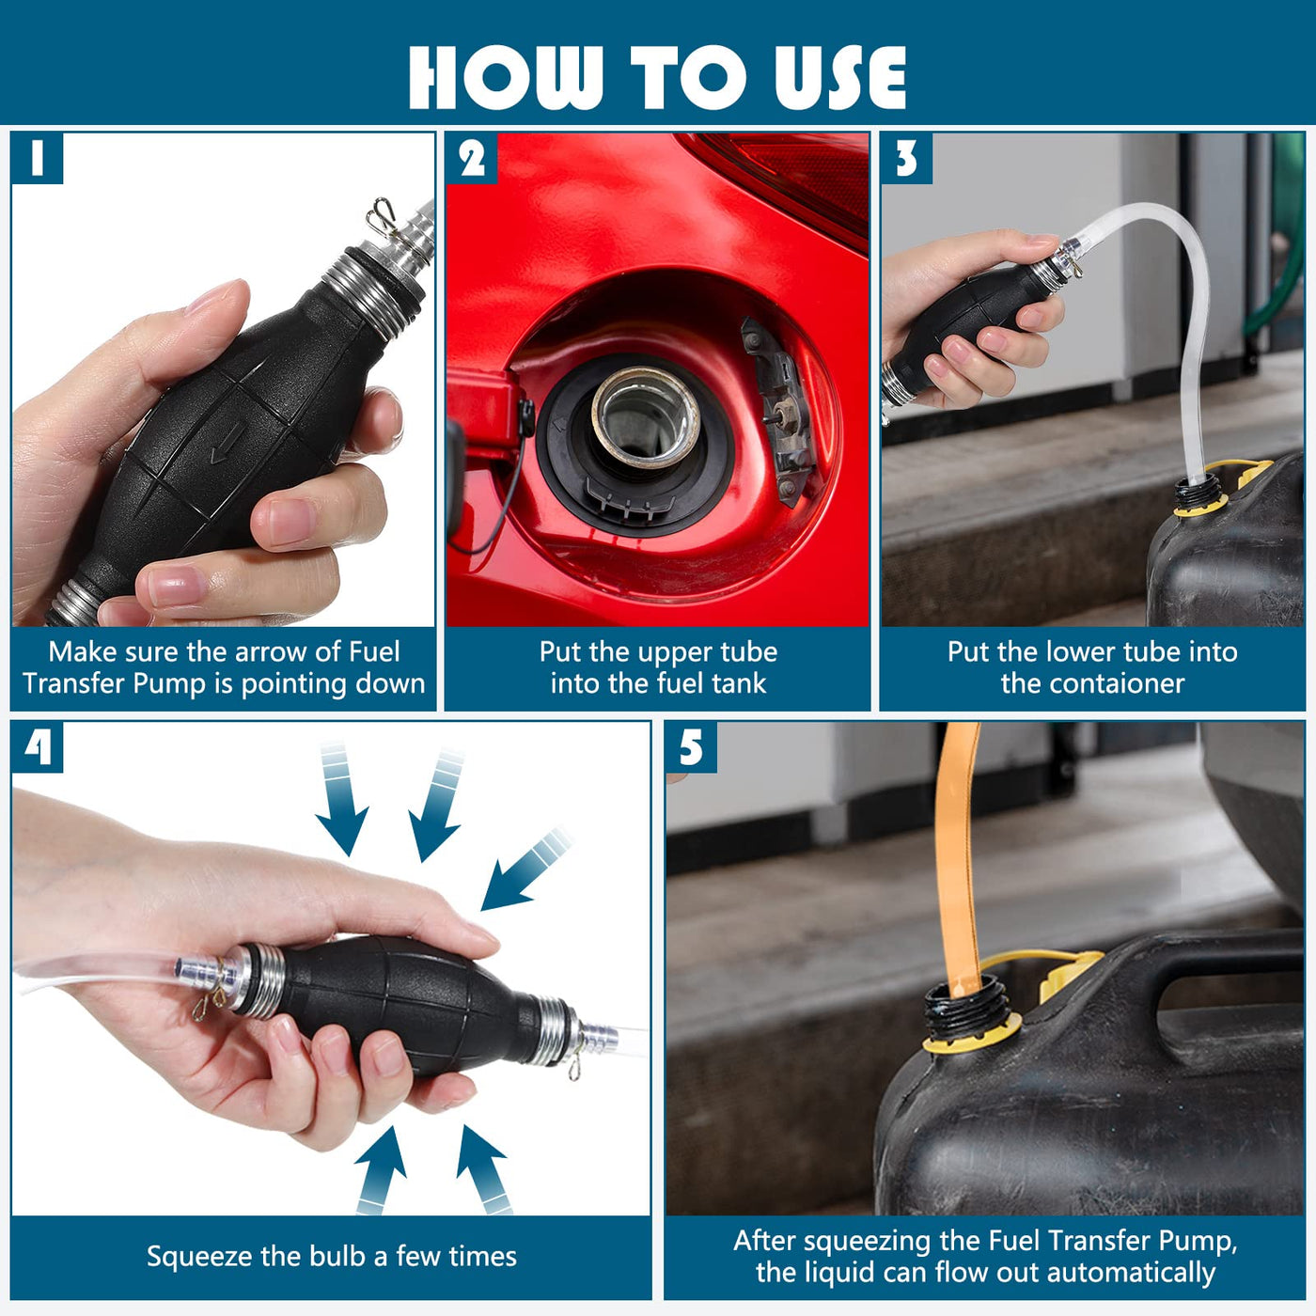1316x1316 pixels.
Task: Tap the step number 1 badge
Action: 37,159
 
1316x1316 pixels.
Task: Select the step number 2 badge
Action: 472,159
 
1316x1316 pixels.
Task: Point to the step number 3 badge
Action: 907,159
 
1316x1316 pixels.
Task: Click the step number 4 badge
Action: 37,747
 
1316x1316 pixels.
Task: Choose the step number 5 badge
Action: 691,747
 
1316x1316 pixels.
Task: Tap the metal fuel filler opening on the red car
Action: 645,417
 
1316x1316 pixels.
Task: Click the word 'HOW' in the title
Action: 507,77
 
